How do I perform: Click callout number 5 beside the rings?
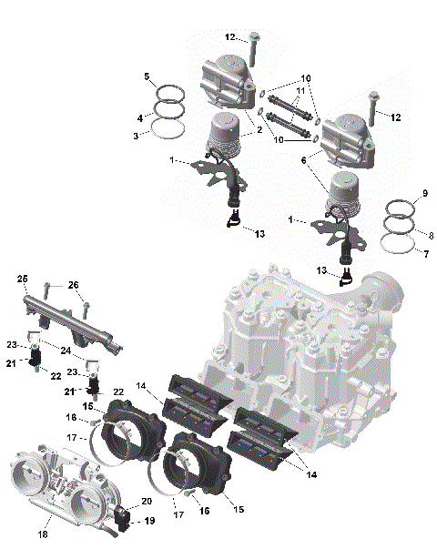(x=146, y=77)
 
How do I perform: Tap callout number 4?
(x=138, y=118)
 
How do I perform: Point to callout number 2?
(x=259, y=131)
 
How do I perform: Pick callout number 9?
(x=423, y=196)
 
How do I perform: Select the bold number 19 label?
(x=150, y=522)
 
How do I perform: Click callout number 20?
(x=147, y=502)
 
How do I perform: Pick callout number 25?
(x=23, y=278)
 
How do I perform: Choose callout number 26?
(x=74, y=285)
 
